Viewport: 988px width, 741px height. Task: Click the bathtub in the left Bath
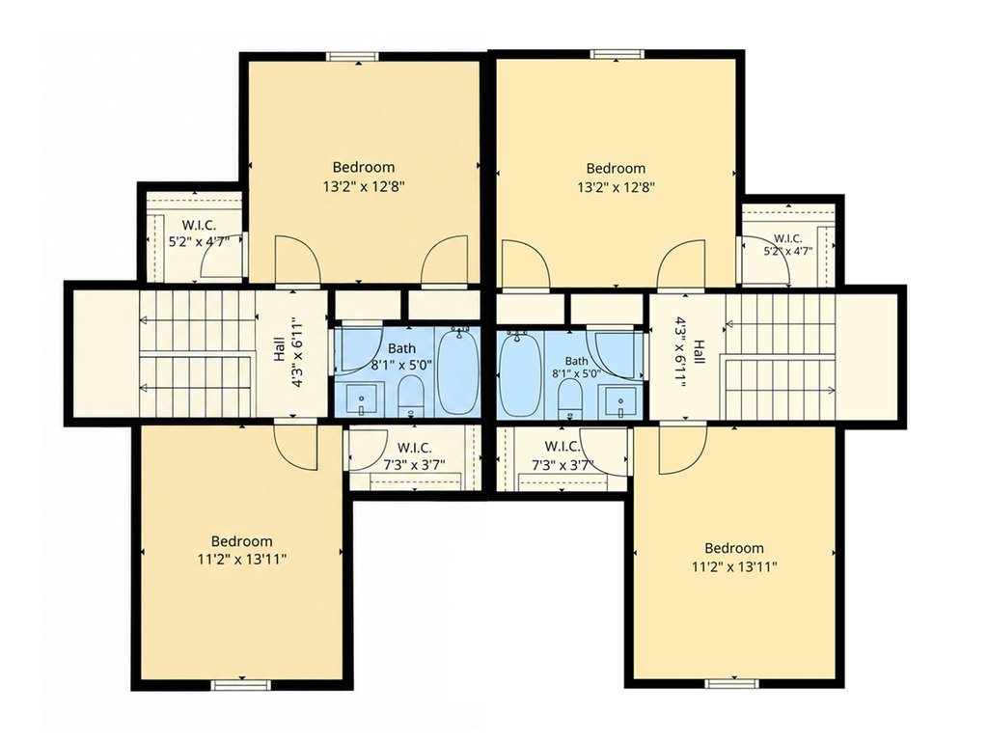click(458, 371)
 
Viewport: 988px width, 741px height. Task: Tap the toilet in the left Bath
click(411, 395)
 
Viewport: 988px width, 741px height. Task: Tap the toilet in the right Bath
click(570, 399)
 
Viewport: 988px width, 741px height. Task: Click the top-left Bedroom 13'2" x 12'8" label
click(363, 177)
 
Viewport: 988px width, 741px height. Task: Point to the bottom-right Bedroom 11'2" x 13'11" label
click(734, 557)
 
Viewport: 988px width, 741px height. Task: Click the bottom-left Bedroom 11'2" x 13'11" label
click(242, 550)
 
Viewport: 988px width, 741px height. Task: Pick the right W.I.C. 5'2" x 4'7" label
click(787, 244)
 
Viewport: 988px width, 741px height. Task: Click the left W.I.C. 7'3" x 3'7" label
click(415, 456)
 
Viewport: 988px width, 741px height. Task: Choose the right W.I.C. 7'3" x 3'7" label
click(563, 455)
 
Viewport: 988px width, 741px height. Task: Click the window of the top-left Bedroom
click(353, 56)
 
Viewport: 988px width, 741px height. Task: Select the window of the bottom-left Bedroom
click(240, 686)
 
